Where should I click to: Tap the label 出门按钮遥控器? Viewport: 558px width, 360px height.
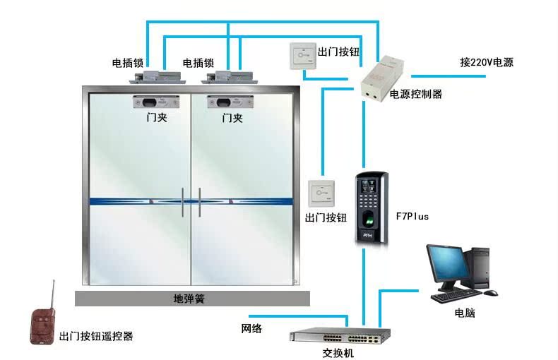(x=96, y=337)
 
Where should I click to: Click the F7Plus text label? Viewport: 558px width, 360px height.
(x=412, y=216)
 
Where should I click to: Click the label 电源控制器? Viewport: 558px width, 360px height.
(x=416, y=94)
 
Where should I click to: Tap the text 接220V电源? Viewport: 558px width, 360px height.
(x=487, y=62)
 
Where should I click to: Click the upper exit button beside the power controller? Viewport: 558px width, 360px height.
(x=302, y=55)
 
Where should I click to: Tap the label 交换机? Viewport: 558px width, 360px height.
(x=338, y=352)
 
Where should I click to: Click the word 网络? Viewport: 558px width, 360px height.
(x=251, y=328)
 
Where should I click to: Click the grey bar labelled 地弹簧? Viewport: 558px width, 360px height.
(x=192, y=299)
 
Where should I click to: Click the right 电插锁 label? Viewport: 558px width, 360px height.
(x=198, y=63)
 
